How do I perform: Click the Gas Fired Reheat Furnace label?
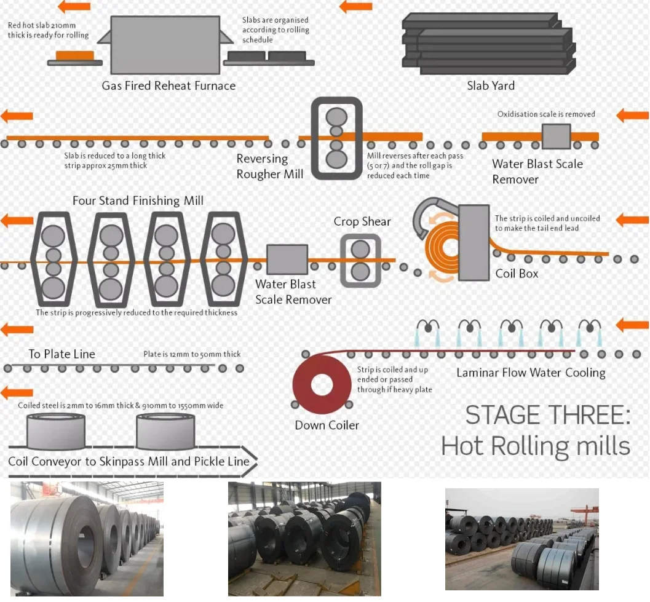(168, 86)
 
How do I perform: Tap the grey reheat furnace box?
(165, 38)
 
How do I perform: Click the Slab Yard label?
(491, 86)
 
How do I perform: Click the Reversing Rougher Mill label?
(269, 167)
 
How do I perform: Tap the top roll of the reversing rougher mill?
(336, 117)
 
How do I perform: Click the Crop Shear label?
(362, 221)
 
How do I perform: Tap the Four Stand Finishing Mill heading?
(138, 200)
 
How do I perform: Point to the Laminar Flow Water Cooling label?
(531, 373)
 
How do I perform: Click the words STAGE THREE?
(547, 416)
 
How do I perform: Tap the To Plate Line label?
(62, 354)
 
